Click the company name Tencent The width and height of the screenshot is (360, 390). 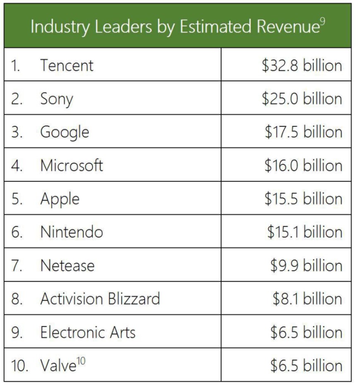[x=67, y=65]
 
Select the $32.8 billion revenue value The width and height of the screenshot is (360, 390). [x=302, y=65]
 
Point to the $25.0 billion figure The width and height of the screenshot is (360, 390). [x=302, y=99]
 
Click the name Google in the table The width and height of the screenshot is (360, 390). [x=65, y=132]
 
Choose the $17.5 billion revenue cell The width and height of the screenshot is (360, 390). [x=303, y=132]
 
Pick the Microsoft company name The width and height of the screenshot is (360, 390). [x=72, y=165]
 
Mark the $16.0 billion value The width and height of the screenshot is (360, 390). [x=303, y=165]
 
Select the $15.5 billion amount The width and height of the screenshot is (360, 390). [x=303, y=199]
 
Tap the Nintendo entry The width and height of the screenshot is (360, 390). [x=72, y=232]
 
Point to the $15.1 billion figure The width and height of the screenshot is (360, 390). [x=305, y=232]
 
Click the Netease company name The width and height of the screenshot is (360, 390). [x=67, y=266]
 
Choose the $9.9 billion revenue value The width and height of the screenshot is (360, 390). [x=306, y=266]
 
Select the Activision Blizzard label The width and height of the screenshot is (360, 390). [x=100, y=299]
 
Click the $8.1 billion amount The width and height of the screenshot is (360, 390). [x=307, y=299]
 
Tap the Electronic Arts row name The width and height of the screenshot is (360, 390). [x=88, y=332]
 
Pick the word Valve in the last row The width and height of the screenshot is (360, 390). [x=58, y=366]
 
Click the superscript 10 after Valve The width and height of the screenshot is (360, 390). [x=82, y=361]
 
